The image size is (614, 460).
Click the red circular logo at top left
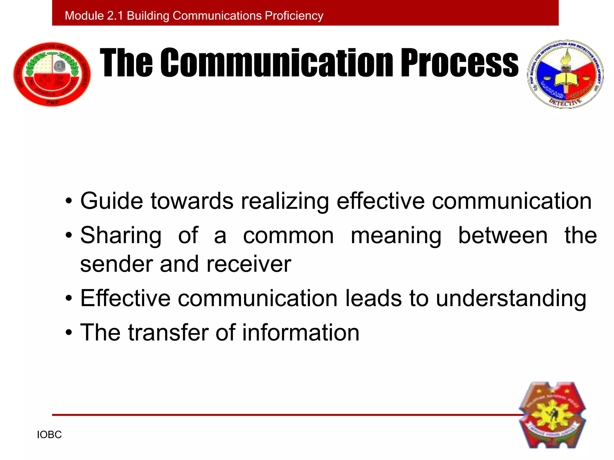(52, 74)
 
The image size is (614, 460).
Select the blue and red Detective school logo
(565, 74)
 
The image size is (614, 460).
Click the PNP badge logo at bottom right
(552, 415)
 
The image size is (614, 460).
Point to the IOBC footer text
(49, 435)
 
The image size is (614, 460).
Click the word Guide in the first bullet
(112, 201)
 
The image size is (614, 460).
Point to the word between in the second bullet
(503, 235)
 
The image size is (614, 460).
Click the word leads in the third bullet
(373, 298)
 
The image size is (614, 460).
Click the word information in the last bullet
(301, 332)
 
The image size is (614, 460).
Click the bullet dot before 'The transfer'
(69, 333)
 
